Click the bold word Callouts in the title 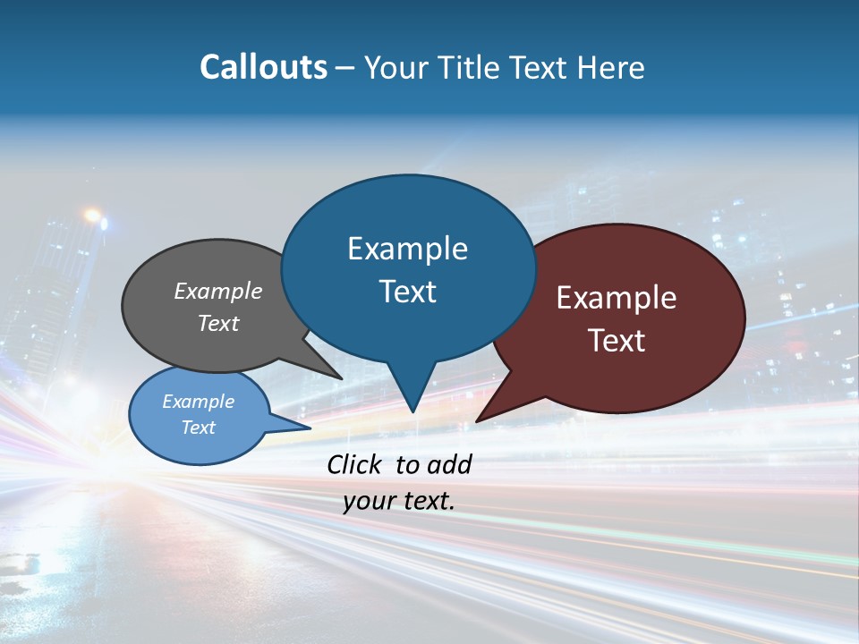pyautogui.click(x=263, y=67)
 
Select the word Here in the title pyautogui.click(x=612, y=67)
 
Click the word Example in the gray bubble pyautogui.click(x=218, y=291)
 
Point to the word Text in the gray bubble pyautogui.click(x=218, y=323)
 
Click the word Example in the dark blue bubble pyautogui.click(x=407, y=249)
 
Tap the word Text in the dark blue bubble pyautogui.click(x=407, y=292)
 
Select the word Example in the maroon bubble pyautogui.click(x=617, y=298)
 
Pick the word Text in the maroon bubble pyautogui.click(x=617, y=341)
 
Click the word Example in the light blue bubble pyautogui.click(x=199, y=402)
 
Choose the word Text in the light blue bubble pyautogui.click(x=199, y=428)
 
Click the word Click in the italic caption pyautogui.click(x=355, y=464)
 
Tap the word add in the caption pyautogui.click(x=449, y=464)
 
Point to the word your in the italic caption pyautogui.click(x=368, y=502)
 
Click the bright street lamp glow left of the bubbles pyautogui.click(x=92, y=216)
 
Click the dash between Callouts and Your pyautogui.click(x=345, y=68)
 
